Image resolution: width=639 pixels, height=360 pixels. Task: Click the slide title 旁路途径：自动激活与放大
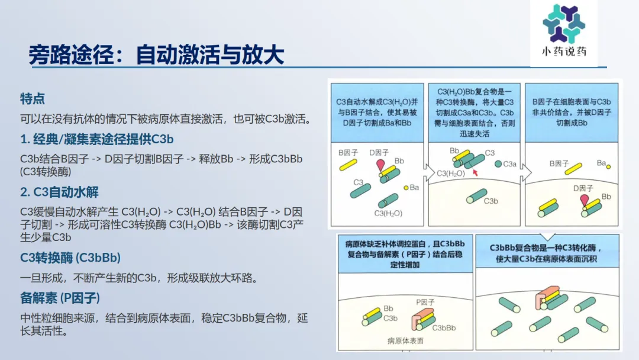pyautogui.click(x=156, y=54)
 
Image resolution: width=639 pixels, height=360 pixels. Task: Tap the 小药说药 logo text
pyautogui.click(x=564, y=52)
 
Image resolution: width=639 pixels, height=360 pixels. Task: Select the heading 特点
pyautogui.click(x=32, y=98)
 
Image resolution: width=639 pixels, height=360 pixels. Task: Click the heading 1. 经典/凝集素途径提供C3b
pyautogui.click(x=97, y=139)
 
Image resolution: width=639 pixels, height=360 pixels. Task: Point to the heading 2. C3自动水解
pyautogui.click(x=60, y=192)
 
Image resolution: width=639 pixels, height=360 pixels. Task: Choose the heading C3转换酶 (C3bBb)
pyautogui.click(x=70, y=258)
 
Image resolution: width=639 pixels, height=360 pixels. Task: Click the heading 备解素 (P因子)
pyautogui.click(x=60, y=298)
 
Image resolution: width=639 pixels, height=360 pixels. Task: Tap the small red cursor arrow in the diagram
pyautogui.click(x=475, y=172)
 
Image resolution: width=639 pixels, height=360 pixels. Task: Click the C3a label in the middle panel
pyautogui.click(x=510, y=164)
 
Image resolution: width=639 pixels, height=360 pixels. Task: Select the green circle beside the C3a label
pyautogui.click(x=498, y=164)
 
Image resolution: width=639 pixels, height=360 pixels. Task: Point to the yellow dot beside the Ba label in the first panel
pyautogui.click(x=406, y=188)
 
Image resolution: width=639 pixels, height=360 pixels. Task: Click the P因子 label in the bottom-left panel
pyautogui.click(x=425, y=302)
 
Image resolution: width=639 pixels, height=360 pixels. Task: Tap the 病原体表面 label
pyautogui.click(x=405, y=340)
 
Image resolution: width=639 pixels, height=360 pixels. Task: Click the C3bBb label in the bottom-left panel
pyautogui.click(x=444, y=328)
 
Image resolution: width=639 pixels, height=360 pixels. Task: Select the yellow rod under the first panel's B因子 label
pyautogui.click(x=348, y=165)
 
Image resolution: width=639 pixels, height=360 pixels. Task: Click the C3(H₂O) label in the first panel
pyautogui.click(x=388, y=213)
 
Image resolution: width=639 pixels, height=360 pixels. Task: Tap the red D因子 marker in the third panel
pyautogui.click(x=585, y=200)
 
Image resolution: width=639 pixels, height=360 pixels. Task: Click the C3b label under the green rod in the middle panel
pyautogui.click(x=490, y=201)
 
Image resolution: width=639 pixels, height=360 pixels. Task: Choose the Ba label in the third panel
pyautogui.click(x=601, y=163)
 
